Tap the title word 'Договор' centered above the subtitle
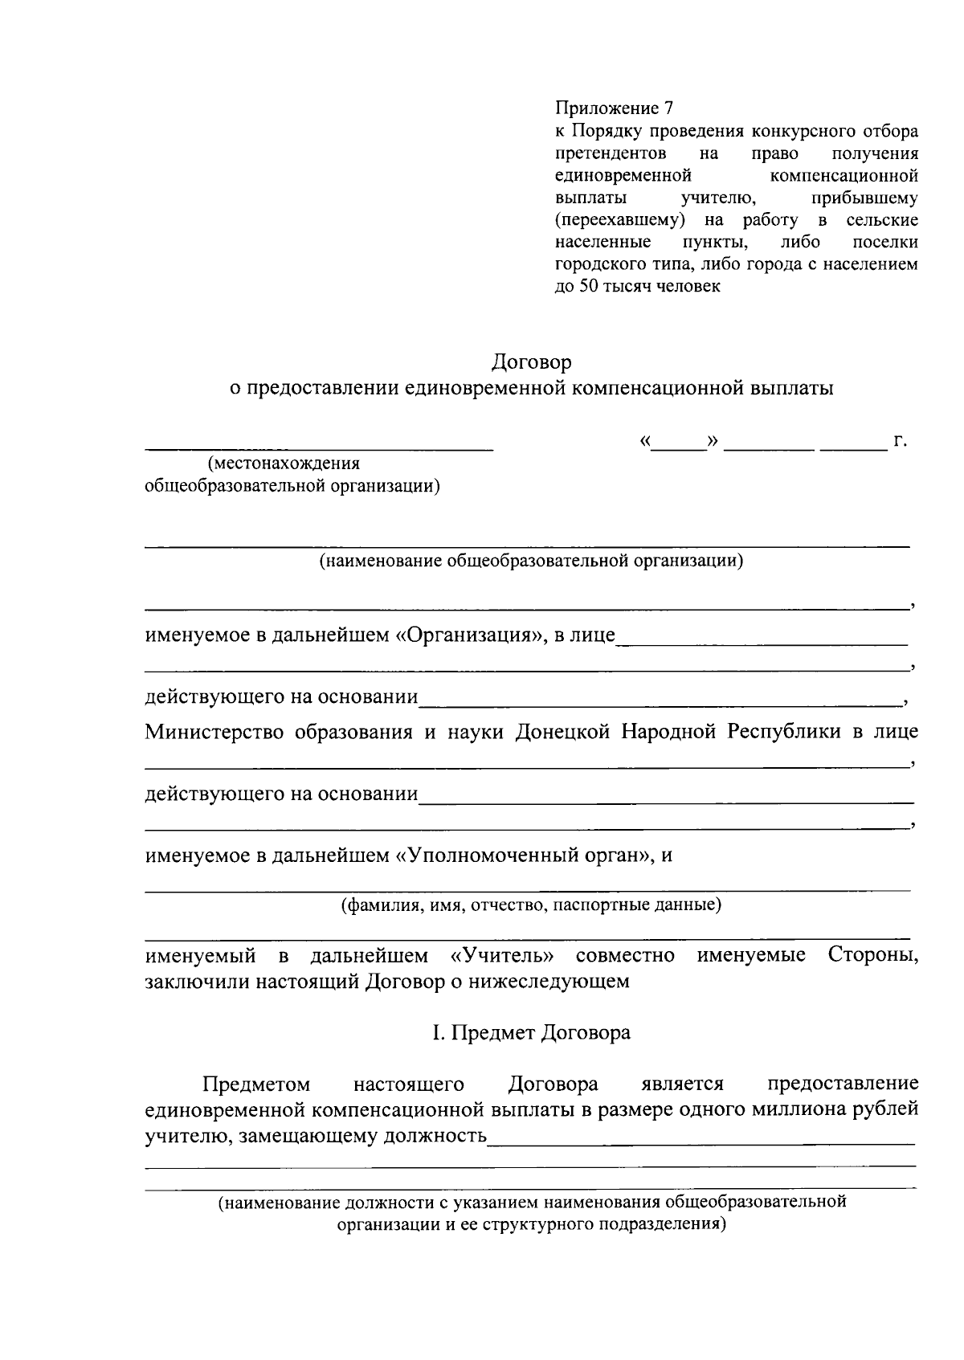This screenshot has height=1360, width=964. (532, 362)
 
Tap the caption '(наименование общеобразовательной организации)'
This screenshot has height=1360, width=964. (531, 561)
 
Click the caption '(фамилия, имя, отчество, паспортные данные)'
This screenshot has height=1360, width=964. (531, 906)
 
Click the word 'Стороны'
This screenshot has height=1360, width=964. (872, 956)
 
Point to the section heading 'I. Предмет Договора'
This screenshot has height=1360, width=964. (531, 1033)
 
